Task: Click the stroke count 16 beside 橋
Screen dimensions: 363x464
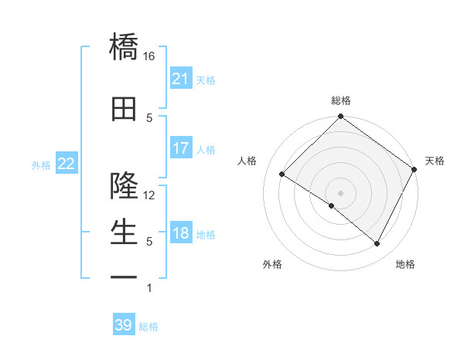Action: [149, 56]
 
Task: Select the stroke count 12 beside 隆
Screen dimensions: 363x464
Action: [149, 195]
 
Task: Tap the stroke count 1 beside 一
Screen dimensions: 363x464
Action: [149, 289]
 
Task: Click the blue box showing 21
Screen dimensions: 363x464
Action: [181, 79]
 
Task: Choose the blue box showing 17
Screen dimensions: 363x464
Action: [181, 148]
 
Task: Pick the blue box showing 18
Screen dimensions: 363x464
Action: [181, 234]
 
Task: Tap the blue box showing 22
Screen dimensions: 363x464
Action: [66, 164]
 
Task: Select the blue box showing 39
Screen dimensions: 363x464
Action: [124, 325]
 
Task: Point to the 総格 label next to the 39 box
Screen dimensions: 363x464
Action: [148, 327]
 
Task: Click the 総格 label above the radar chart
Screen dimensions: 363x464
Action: [341, 101]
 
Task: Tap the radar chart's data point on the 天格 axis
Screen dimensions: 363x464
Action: [415, 169]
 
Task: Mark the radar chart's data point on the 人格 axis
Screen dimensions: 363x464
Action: [282, 175]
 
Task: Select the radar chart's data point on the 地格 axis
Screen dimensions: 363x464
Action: [377, 244]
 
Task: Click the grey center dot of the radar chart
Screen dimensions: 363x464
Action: [340, 192]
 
